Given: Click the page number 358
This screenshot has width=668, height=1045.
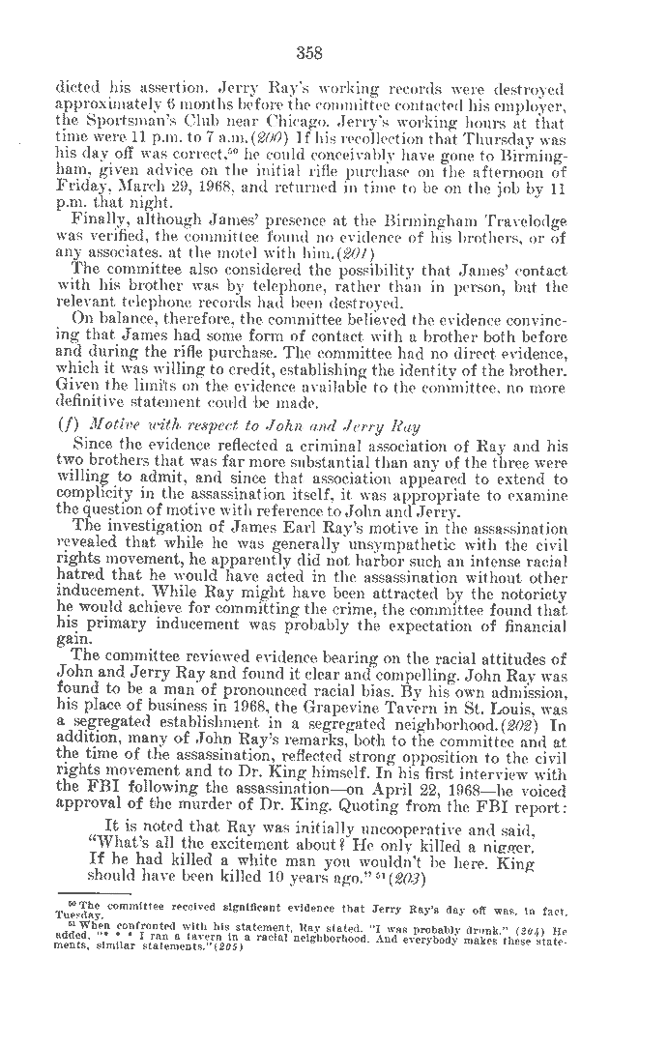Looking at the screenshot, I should [x=309, y=52].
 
